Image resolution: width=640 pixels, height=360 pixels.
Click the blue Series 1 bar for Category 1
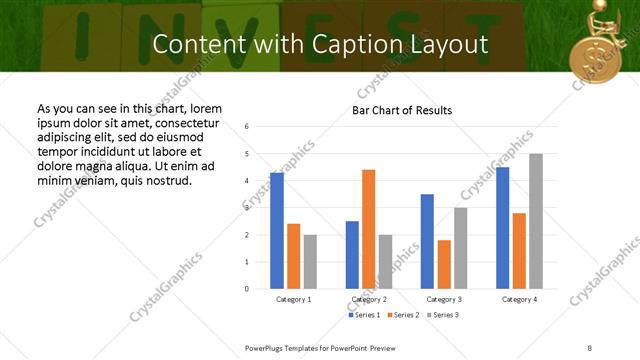click(277, 231)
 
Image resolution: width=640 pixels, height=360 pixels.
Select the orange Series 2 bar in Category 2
click(369, 229)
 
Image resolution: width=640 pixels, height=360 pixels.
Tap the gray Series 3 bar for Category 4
click(536, 221)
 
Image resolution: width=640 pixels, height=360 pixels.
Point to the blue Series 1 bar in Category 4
click(502, 228)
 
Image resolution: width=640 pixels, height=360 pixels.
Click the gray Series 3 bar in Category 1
click(310, 262)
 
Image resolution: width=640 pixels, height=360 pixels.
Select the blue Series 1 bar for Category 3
click(427, 241)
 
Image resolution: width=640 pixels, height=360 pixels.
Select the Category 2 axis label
click(369, 299)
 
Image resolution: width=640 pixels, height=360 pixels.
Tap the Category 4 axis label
click(519, 299)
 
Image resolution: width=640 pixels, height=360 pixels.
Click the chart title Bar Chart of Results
click(402, 110)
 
